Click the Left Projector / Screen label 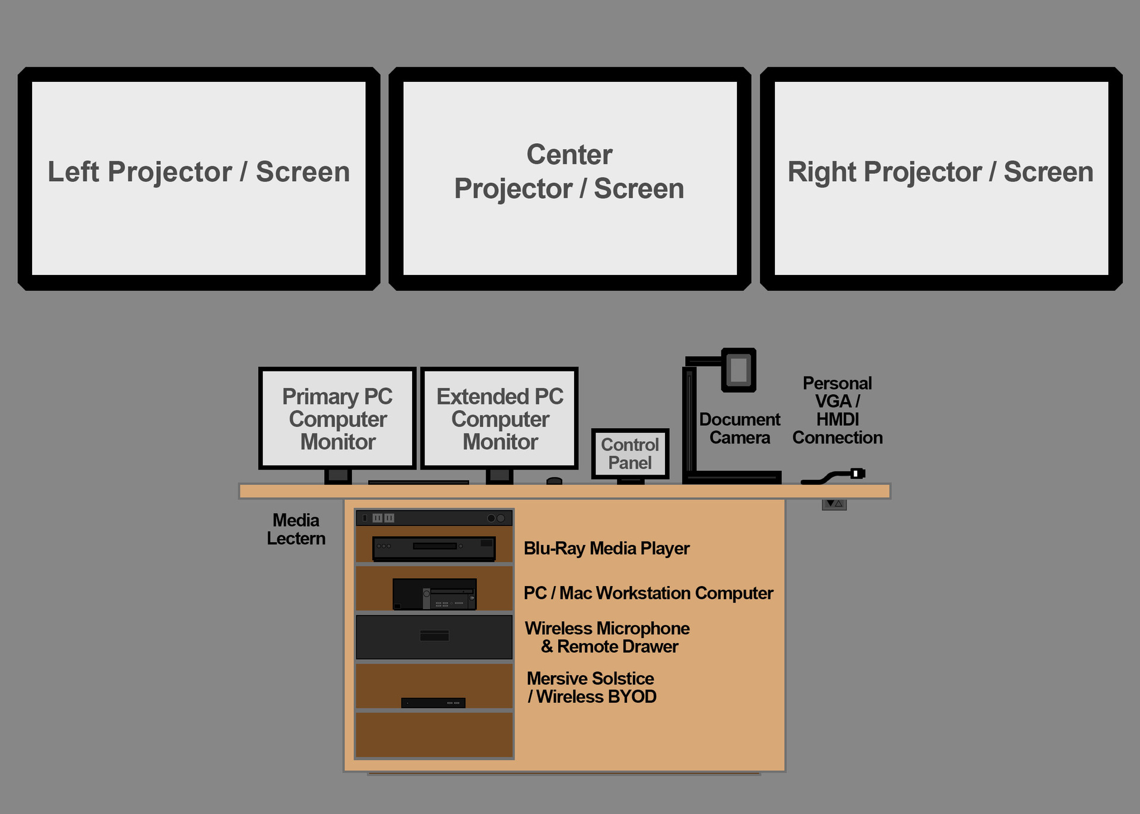click(198, 172)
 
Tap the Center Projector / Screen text click(569, 172)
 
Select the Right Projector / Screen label click(940, 172)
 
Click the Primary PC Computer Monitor click(337, 419)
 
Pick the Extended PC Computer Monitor click(499, 419)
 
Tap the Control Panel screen click(630, 454)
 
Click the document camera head click(739, 370)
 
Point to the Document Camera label click(739, 428)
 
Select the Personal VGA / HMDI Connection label click(837, 410)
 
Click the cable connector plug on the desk click(857, 473)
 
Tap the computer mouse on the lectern click(554, 480)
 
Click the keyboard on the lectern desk click(418, 482)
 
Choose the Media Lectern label click(296, 529)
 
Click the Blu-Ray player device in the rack click(434, 548)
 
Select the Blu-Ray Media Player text click(606, 548)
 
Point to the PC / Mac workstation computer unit click(434, 594)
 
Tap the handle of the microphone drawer click(434, 636)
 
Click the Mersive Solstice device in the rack click(433, 703)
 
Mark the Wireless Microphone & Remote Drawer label click(607, 637)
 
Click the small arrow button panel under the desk click(834, 504)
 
